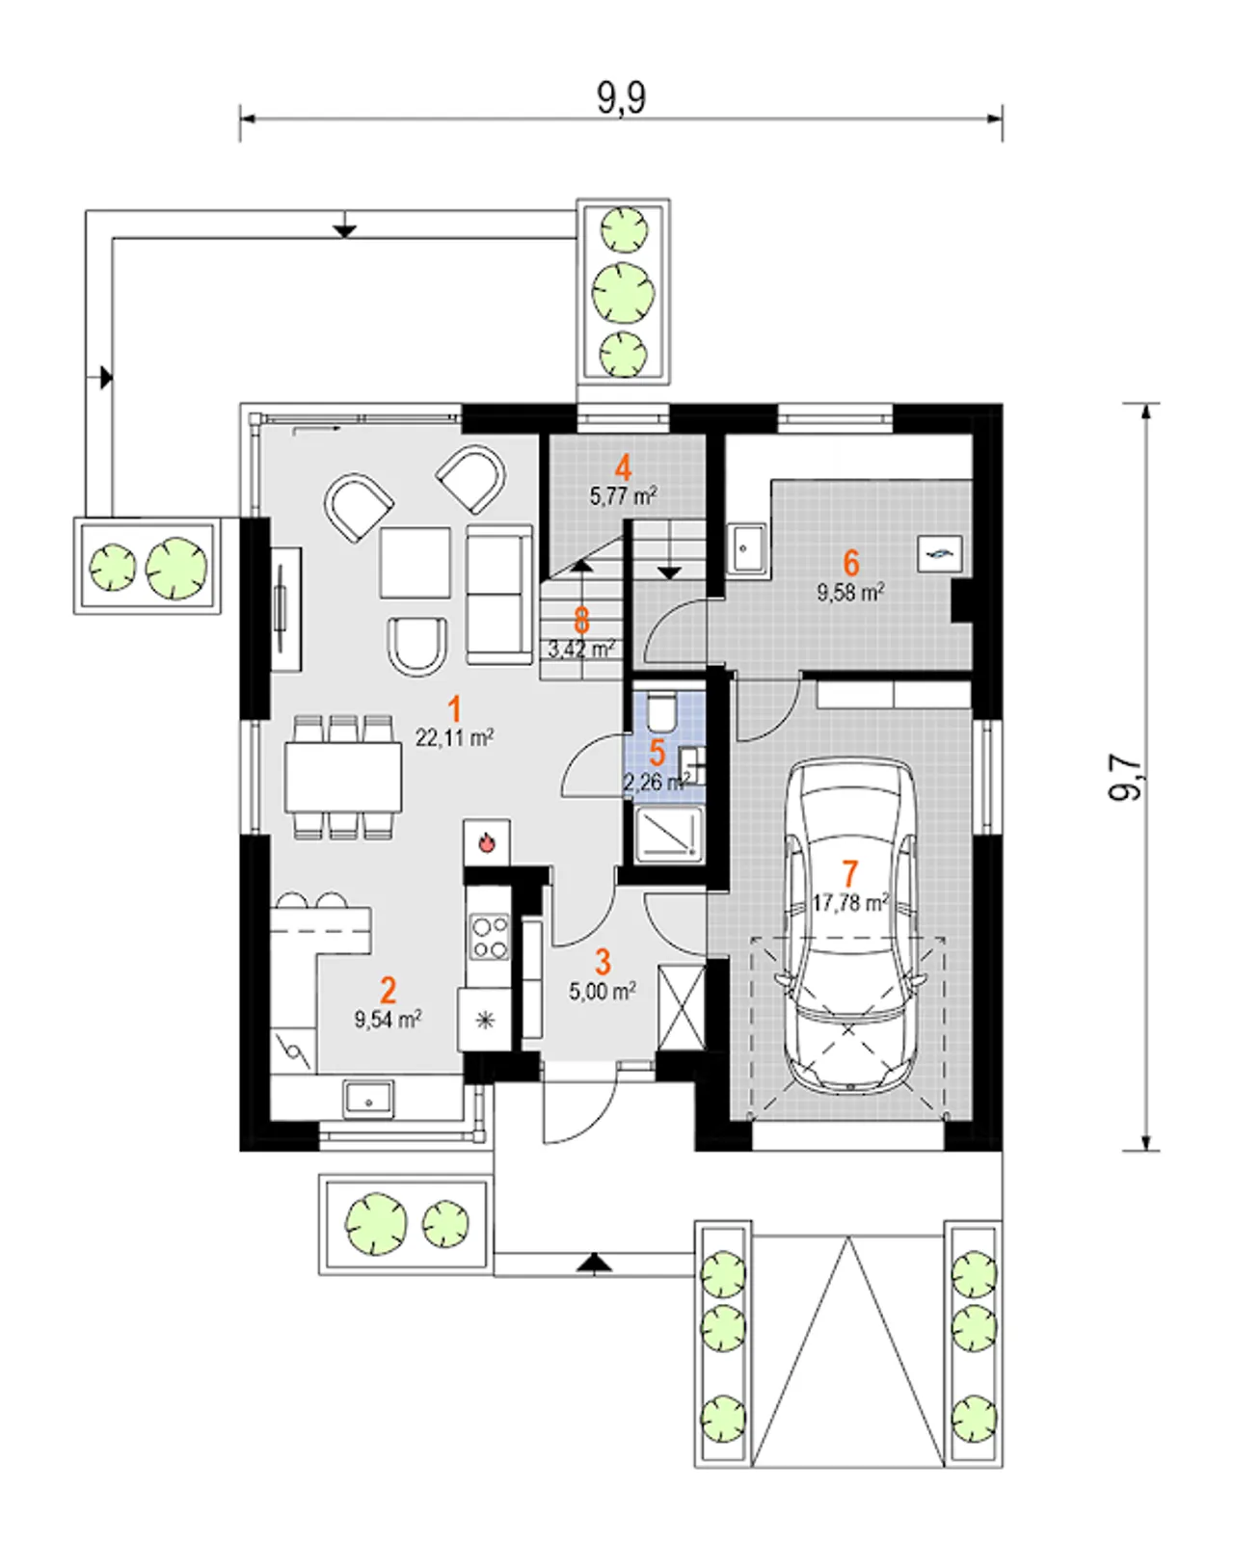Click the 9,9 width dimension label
point(621,98)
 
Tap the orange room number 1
point(453,710)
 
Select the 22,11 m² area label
point(454,737)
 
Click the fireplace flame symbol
point(487,841)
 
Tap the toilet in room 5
point(658,709)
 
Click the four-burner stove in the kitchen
point(489,937)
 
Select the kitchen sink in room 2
point(368,1099)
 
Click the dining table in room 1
point(343,777)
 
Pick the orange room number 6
point(850,563)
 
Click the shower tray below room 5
point(668,832)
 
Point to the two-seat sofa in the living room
point(498,594)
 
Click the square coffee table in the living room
point(416,562)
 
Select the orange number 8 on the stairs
point(581,621)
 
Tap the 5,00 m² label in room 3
point(603,993)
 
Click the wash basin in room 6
point(746,547)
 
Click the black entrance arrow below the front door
point(594,1263)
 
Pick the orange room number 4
point(623,468)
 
